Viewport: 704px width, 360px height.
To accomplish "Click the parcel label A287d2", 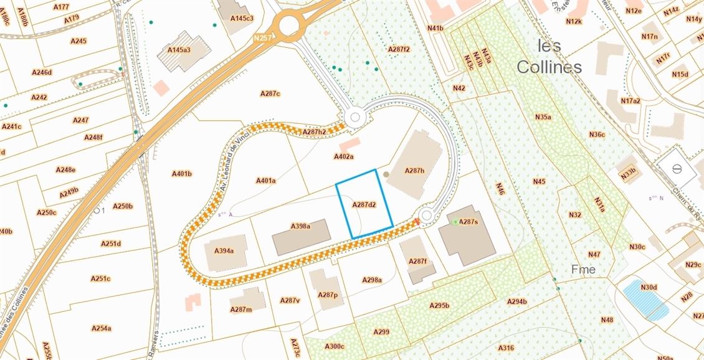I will pyautogui.click(x=364, y=204).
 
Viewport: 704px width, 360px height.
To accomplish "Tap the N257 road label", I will pyautogui.click(x=264, y=38).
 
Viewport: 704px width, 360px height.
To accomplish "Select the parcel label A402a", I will pyautogui.click(x=343, y=157).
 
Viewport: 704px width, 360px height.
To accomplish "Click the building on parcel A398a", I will pyautogui.click(x=302, y=237).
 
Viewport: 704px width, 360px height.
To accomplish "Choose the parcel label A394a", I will pyautogui.click(x=224, y=251).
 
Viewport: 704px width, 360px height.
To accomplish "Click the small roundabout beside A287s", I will pyautogui.click(x=426, y=216).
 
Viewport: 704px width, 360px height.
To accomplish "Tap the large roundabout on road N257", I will pyautogui.click(x=289, y=26).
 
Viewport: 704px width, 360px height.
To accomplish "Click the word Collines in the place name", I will pyautogui.click(x=549, y=67).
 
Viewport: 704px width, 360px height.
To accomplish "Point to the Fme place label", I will pyautogui.click(x=583, y=270).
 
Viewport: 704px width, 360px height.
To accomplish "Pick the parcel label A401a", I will pyautogui.click(x=265, y=181).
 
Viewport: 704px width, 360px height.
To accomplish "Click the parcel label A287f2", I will pyautogui.click(x=399, y=49).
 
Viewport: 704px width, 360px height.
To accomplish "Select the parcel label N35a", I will pyautogui.click(x=543, y=116).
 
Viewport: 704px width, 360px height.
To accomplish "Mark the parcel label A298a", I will pyautogui.click(x=372, y=280).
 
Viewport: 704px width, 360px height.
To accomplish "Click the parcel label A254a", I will pyautogui.click(x=101, y=328).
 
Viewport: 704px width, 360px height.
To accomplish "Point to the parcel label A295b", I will pyautogui.click(x=439, y=305).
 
